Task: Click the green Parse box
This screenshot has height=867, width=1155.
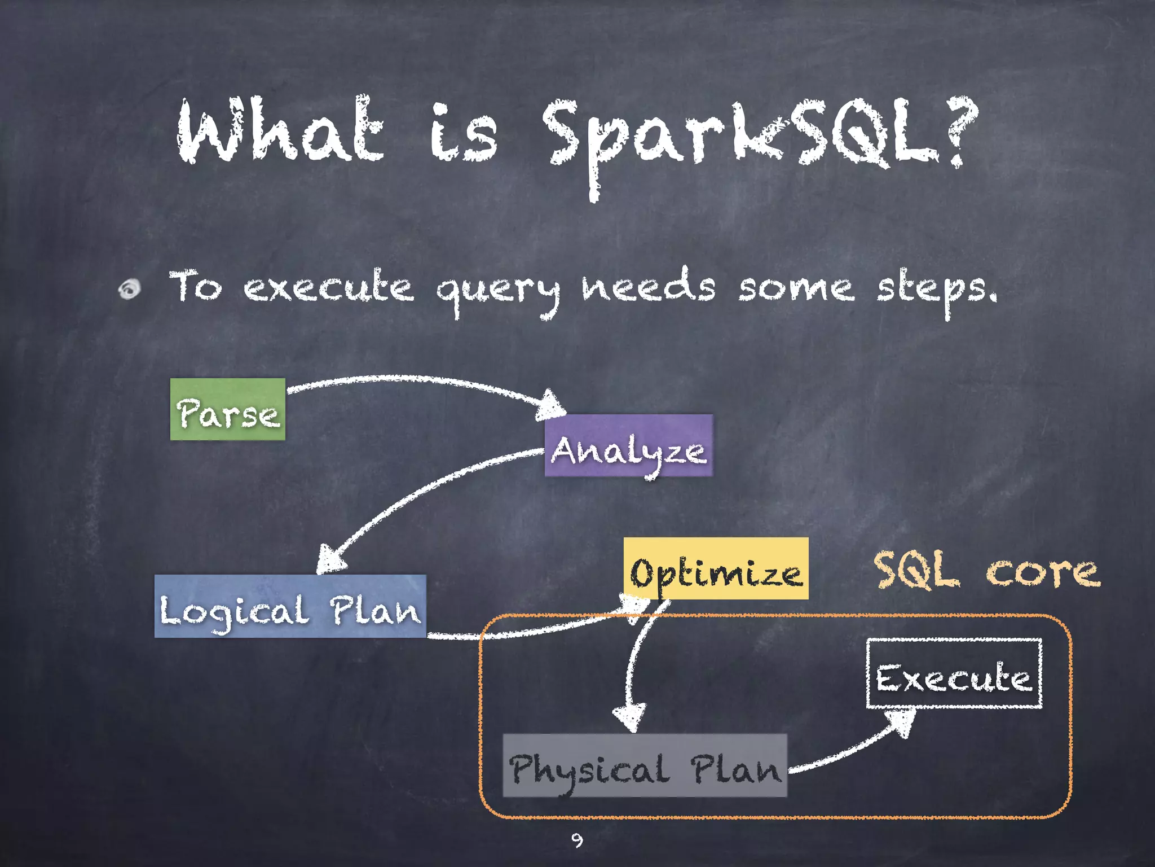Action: click(228, 409)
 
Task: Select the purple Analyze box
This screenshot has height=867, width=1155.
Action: click(628, 446)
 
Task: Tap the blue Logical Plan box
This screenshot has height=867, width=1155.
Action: click(290, 606)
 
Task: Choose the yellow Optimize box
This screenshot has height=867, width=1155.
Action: click(716, 568)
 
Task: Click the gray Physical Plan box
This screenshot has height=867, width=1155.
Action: click(645, 765)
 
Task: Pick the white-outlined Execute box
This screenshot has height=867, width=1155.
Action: click(954, 673)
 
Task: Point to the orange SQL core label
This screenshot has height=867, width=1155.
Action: click(986, 571)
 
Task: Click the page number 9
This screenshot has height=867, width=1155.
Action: click(576, 840)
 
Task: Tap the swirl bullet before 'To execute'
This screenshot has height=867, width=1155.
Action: click(130, 289)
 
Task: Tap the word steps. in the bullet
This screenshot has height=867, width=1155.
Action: click(936, 291)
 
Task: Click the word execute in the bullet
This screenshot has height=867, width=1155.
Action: click(328, 288)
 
